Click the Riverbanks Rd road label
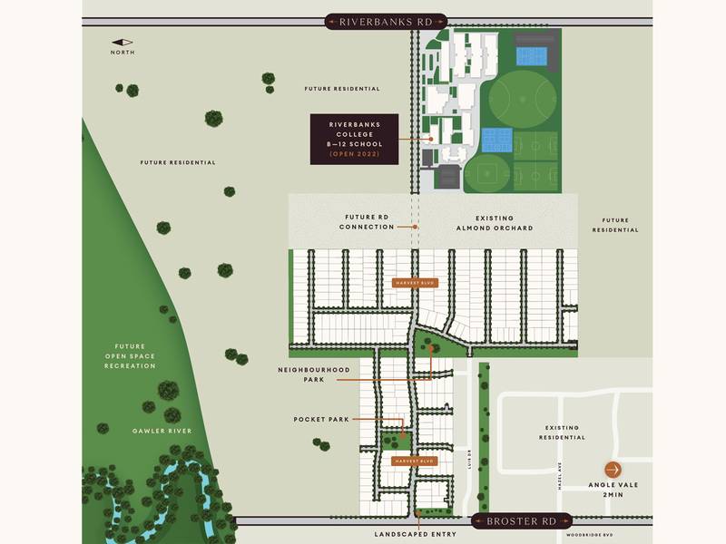coord(386,21)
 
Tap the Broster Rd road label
coord(522,521)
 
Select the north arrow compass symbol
coord(123,42)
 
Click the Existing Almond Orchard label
coord(494,223)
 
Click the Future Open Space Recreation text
coord(130,355)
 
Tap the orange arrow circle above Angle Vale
coord(614,470)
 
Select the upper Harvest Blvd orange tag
coord(415,283)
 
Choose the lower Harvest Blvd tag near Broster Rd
coord(415,461)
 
